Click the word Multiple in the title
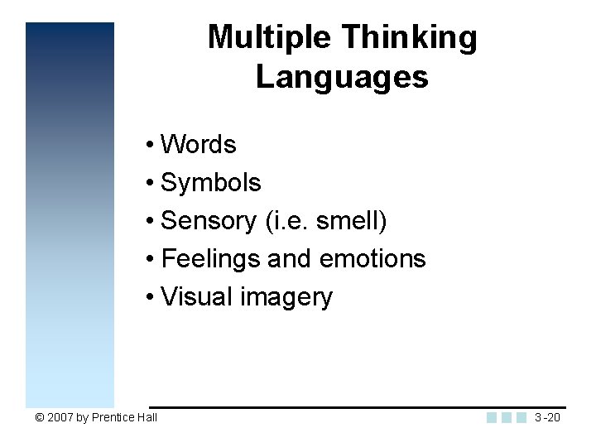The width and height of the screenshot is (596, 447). (270, 37)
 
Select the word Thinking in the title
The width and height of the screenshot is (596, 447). (409, 37)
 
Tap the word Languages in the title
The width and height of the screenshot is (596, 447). (342, 77)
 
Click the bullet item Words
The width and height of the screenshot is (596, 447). (199, 145)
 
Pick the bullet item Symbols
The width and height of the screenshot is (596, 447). (211, 183)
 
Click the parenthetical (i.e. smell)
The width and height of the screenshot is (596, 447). (326, 221)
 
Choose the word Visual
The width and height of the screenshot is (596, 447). (197, 297)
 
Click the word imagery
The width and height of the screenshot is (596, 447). (286, 297)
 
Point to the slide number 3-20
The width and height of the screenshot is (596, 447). (547, 417)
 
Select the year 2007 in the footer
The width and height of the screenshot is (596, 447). (60, 417)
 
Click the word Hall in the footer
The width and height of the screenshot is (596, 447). (148, 417)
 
